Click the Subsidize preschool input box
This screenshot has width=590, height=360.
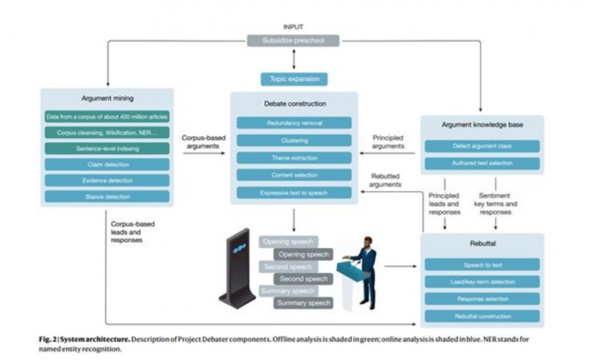click(x=293, y=41)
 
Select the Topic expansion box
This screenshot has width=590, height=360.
click(x=294, y=79)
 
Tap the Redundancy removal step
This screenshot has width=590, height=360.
click(x=294, y=122)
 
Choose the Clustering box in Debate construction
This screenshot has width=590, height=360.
click(x=294, y=140)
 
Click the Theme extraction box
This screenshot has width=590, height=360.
click(x=294, y=158)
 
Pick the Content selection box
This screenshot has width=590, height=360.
click(x=294, y=176)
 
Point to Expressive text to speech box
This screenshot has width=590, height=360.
click(x=294, y=193)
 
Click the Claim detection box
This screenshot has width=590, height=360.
click(x=107, y=165)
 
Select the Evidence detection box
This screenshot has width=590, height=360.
click(x=107, y=181)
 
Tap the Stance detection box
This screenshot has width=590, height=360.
click(x=107, y=197)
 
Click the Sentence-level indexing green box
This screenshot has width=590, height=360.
click(x=107, y=148)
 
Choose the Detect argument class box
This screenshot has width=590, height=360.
click(x=482, y=146)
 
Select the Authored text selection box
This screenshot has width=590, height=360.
click(x=482, y=163)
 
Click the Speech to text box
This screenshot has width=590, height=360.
click(x=482, y=264)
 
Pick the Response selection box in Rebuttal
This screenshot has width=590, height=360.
click(x=482, y=299)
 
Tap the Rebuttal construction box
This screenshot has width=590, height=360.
click(x=482, y=316)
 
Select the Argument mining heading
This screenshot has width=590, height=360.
click(x=107, y=98)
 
